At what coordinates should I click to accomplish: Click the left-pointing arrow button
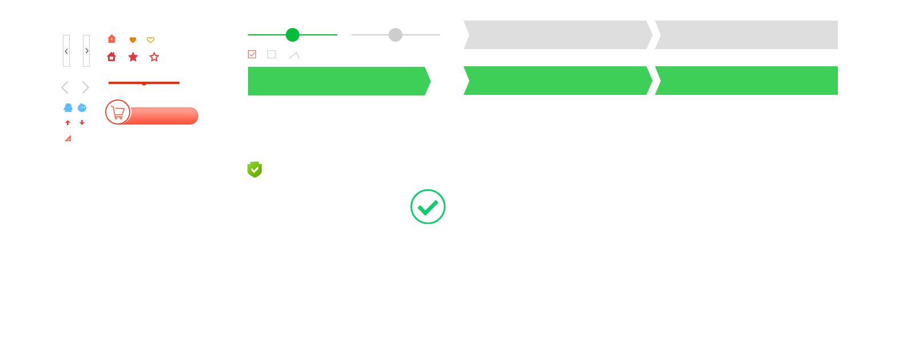click(66, 51)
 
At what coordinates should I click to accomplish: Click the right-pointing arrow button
click(86, 51)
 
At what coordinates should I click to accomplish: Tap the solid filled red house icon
click(111, 38)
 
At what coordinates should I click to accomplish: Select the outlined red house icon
click(111, 57)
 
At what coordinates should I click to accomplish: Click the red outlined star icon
click(154, 57)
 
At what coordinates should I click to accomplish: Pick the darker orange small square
click(133, 40)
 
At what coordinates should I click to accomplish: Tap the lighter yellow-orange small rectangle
click(150, 40)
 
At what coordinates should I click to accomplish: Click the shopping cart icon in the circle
click(118, 113)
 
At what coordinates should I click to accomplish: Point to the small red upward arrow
click(67, 123)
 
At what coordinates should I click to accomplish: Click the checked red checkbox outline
click(252, 54)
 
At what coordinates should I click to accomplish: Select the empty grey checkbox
click(271, 54)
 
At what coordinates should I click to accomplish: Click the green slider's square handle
click(292, 34)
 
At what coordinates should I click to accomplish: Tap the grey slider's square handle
click(395, 34)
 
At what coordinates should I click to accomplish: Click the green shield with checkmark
click(254, 169)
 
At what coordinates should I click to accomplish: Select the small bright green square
click(428, 206)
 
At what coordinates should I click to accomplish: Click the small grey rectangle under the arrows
click(75, 87)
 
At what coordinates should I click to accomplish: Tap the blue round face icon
click(82, 107)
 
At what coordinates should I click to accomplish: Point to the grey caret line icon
click(294, 55)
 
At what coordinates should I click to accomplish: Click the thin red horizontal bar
click(143, 82)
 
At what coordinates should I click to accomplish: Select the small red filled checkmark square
click(67, 138)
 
